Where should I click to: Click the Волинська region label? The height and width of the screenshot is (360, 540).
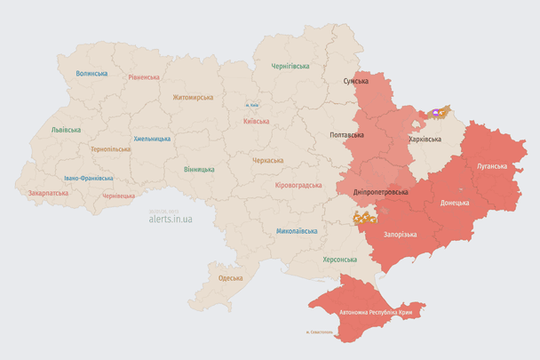pos(91,74)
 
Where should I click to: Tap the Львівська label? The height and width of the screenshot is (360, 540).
pos(66,130)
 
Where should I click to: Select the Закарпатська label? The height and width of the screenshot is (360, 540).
pos(48,192)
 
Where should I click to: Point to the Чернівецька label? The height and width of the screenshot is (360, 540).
pos(118,196)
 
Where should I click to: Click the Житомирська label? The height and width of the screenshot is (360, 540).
pos(193,97)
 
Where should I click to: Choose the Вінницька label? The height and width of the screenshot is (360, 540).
pos(199,169)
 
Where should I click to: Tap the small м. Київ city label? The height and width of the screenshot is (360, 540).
pos(253,106)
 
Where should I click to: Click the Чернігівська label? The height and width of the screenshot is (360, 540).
pos(290,66)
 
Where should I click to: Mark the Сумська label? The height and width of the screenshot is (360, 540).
pos(356,82)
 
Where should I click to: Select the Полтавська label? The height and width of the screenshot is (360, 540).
pos(346,135)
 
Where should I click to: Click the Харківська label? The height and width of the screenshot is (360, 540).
pos(425,140)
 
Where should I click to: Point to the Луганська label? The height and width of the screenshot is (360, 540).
pos(492,165)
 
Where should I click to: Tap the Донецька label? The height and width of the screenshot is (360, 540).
pos(455,203)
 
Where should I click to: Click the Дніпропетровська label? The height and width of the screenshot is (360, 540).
pos(380,192)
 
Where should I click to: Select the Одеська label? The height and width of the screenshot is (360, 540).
pos(231,278)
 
